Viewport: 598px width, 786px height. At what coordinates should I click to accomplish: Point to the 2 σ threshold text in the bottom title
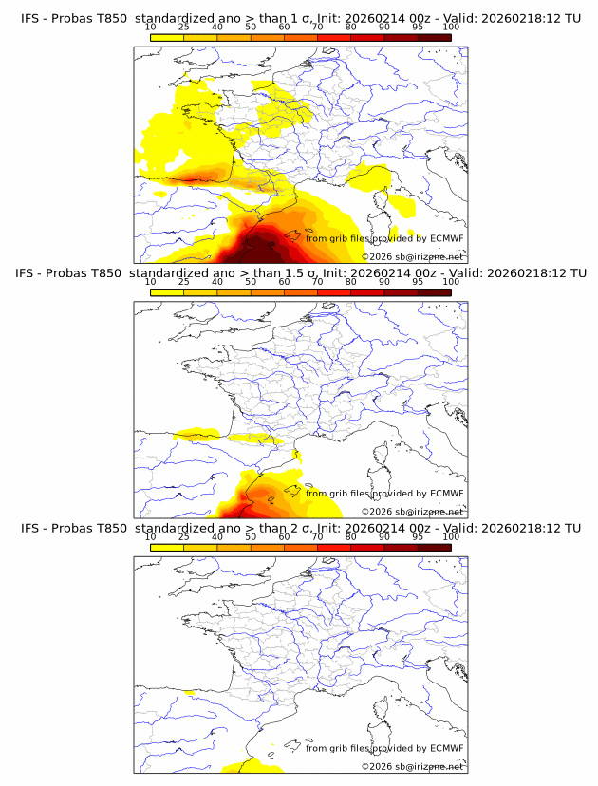pyautogui.click(x=291, y=528)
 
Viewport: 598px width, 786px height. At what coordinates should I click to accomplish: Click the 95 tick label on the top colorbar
pyautogui.click(x=418, y=28)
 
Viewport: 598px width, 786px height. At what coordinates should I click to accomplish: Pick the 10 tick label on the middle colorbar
pyautogui.click(x=150, y=282)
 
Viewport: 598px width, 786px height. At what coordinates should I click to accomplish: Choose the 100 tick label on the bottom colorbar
pyautogui.click(x=451, y=537)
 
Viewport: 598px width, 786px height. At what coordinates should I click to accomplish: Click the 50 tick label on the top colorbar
pyautogui.click(x=251, y=28)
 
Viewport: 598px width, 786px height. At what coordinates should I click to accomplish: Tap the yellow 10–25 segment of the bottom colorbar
pyautogui.click(x=167, y=547)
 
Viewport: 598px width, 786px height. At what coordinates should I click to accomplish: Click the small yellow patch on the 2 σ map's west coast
pyautogui.click(x=190, y=692)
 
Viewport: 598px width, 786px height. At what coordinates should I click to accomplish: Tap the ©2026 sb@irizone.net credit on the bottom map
pyautogui.click(x=412, y=766)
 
